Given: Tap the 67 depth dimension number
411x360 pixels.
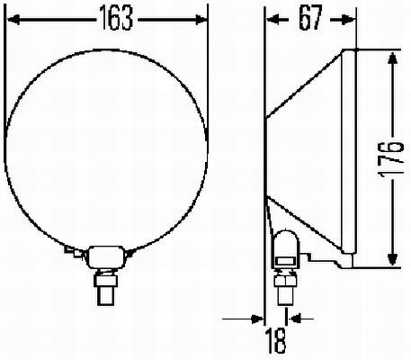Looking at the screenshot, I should pos(310,19).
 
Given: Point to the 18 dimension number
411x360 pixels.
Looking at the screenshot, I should pos(275,342).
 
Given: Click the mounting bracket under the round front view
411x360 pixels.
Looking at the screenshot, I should pos(106,256).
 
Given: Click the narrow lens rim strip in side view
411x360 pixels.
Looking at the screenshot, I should pos(352,153).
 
